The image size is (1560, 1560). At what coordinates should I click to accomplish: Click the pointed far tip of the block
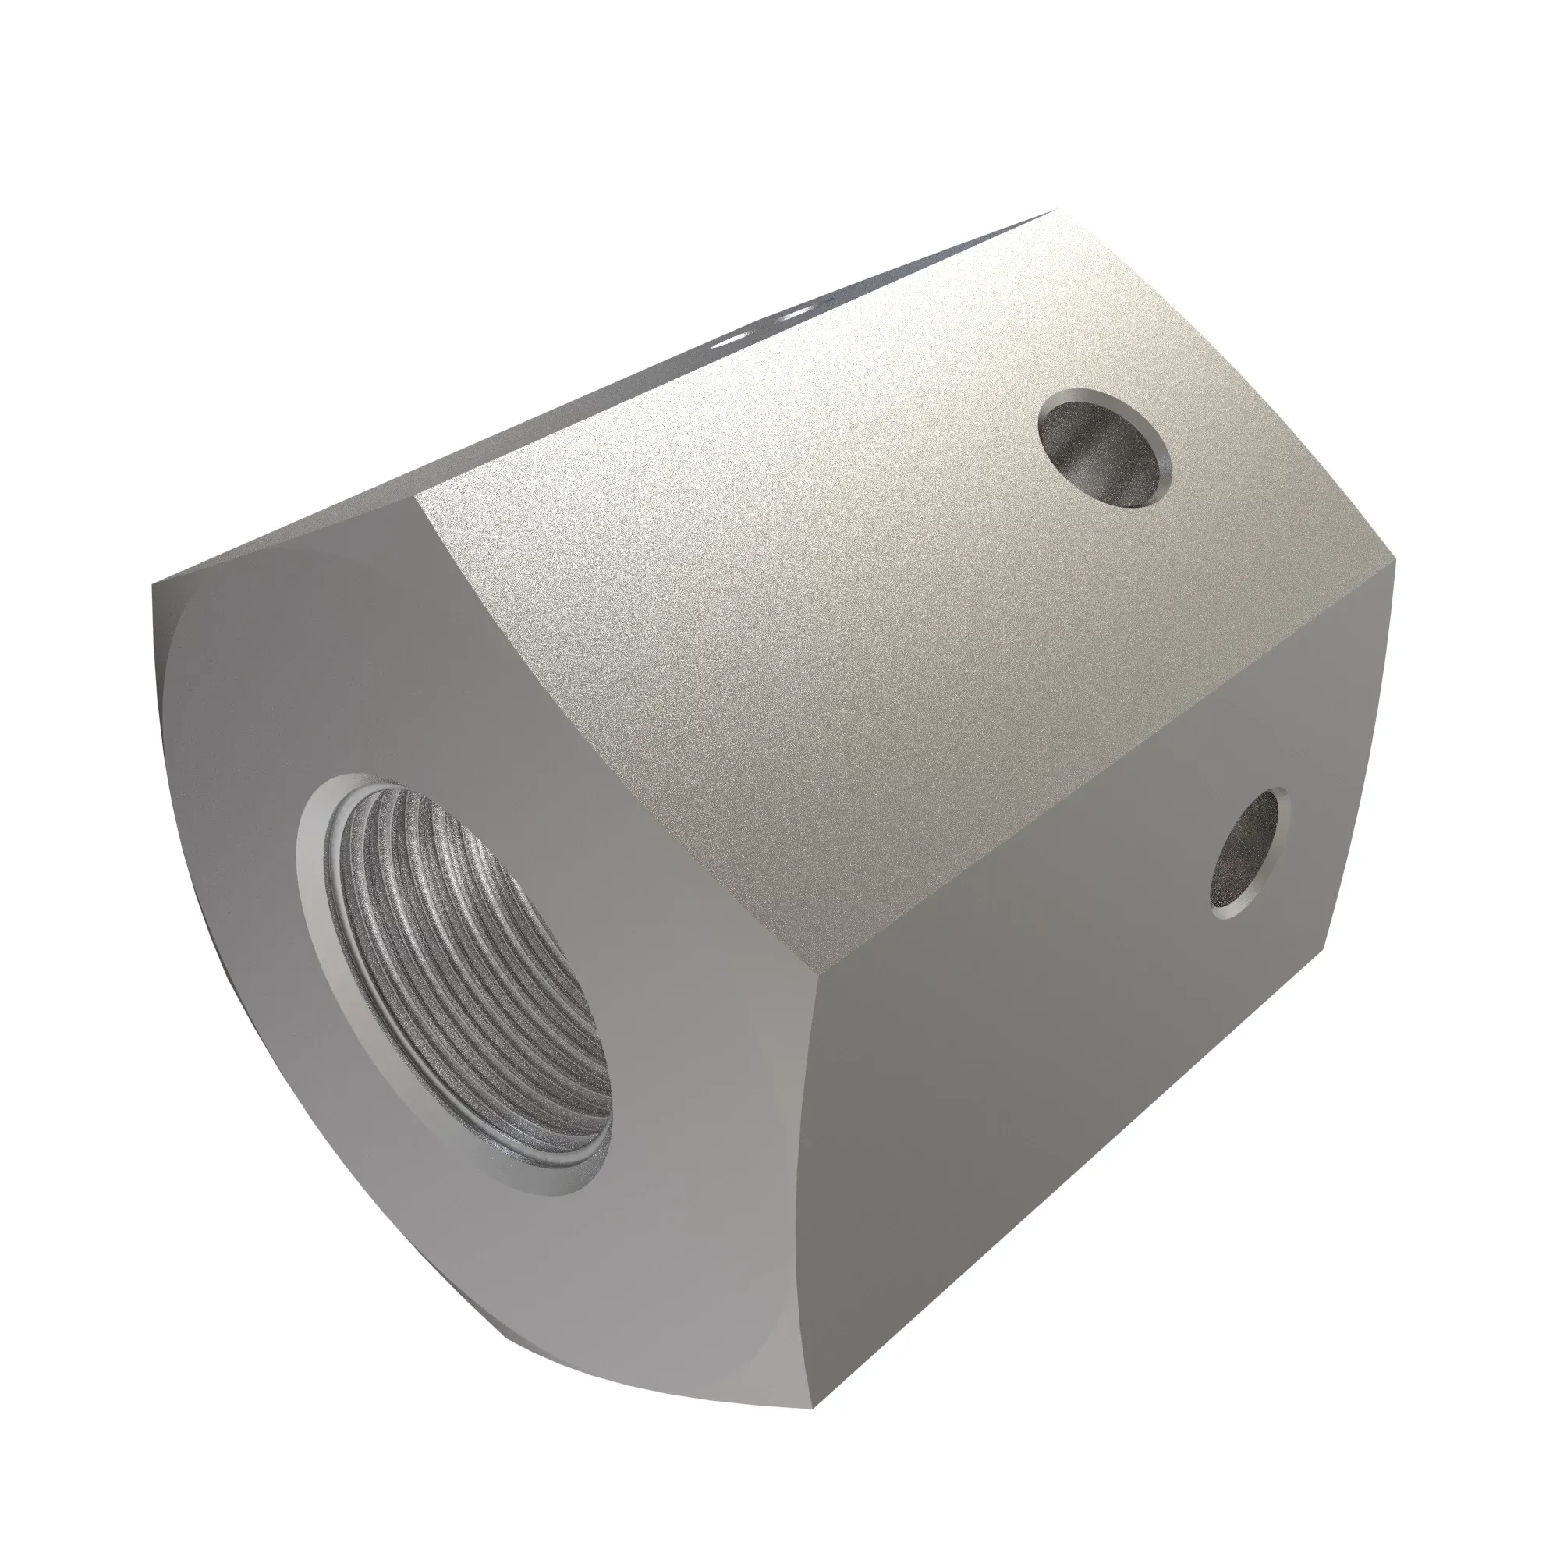pyautogui.click(x=1055, y=188)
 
